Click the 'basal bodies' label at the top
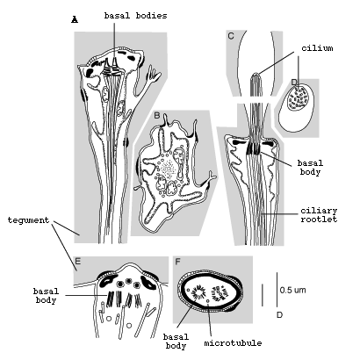coord(135,16)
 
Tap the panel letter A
coord(75,19)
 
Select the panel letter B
coord(157,115)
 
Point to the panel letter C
coord(231,36)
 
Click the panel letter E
coord(78,261)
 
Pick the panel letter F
coord(177,262)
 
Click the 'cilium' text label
coord(317,47)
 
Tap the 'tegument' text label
coord(28,220)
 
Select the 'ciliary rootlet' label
coord(319,215)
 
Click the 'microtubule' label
coord(233,343)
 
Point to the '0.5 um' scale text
coord(292,290)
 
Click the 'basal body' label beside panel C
coord(310,168)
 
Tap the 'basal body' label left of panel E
coord(46,296)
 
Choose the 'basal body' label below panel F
coord(176,342)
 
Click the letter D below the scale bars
coord(279,315)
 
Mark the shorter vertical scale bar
coord(263,295)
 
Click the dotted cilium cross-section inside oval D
coord(299,98)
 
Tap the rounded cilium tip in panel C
coord(256,76)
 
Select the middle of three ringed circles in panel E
coord(128,281)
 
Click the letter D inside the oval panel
coord(294,82)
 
